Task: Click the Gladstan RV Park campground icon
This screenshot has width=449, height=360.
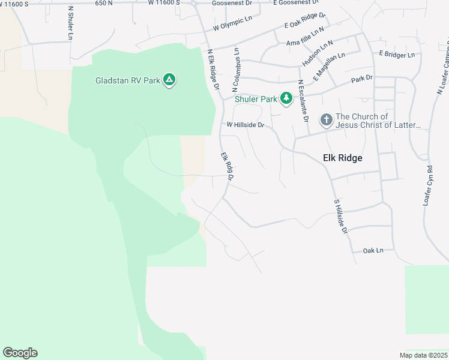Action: (170, 80)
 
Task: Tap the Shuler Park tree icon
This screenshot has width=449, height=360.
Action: (286, 98)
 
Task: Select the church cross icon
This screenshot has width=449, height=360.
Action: (326, 120)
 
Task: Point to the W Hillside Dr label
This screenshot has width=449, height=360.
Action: (245, 125)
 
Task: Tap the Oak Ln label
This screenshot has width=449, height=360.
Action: (373, 250)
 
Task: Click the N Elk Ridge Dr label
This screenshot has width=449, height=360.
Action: (212, 69)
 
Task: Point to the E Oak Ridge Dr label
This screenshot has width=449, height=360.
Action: (304, 20)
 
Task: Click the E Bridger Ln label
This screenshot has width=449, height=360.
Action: (396, 55)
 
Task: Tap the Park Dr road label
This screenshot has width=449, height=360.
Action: (362, 78)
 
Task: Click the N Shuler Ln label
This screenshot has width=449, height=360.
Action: (70, 23)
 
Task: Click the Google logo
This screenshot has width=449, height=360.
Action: (20, 353)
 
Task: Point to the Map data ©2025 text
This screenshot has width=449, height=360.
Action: (423, 355)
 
